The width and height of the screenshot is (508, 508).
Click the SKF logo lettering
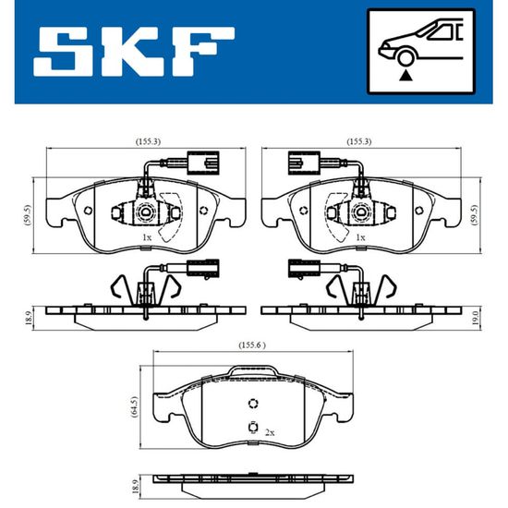click(x=134, y=52)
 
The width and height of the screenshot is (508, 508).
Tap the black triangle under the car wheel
click(x=405, y=76)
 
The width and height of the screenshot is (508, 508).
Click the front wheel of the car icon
click(x=405, y=58)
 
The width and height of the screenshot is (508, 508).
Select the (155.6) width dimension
click(x=252, y=345)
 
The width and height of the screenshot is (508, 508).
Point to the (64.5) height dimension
click(x=135, y=407)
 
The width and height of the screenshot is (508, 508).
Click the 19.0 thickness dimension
click(x=475, y=317)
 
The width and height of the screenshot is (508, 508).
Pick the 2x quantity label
click(x=270, y=432)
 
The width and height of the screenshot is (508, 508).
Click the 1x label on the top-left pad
click(x=147, y=237)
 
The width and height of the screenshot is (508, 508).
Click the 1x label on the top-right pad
click(x=360, y=237)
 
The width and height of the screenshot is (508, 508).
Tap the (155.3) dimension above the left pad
click(x=148, y=141)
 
